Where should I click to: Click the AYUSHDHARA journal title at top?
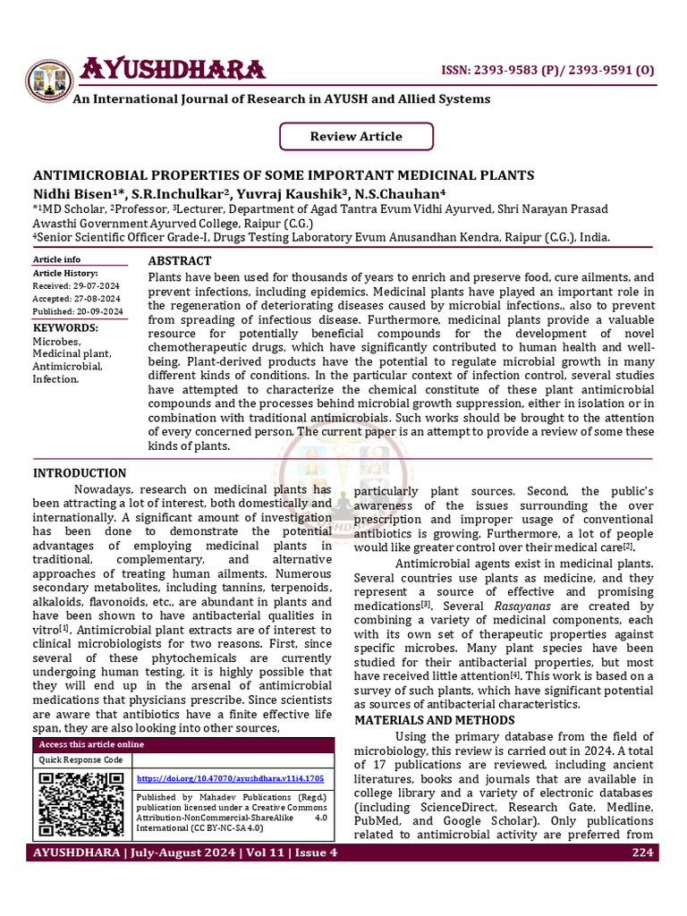point(173,70)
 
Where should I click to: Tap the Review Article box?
point(356,137)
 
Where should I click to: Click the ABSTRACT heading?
point(179,261)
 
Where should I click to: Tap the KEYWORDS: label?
point(65,328)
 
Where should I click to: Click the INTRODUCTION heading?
point(80,473)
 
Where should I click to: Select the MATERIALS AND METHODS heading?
point(435,720)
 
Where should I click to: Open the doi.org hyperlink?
point(230,779)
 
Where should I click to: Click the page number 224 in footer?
point(641,852)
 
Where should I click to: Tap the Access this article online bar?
point(89,744)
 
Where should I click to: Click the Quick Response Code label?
point(81,759)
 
